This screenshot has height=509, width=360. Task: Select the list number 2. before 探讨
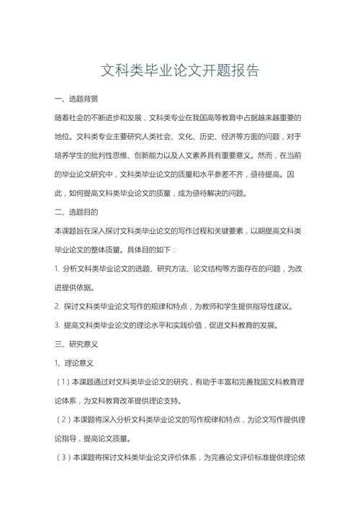pyautogui.click(x=57, y=306)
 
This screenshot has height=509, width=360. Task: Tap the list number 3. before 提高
pyautogui.click(x=57, y=325)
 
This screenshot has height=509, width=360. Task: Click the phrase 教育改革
pyautogui.click(x=123, y=400)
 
